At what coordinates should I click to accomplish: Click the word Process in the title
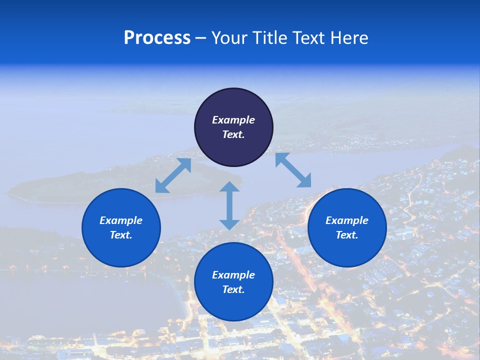pyautogui.click(x=157, y=38)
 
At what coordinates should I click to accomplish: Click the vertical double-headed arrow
pyautogui.click(x=229, y=206)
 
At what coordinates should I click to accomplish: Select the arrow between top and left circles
pyautogui.click(x=173, y=175)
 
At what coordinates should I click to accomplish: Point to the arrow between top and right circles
pyautogui.click(x=293, y=170)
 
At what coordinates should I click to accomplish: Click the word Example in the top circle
pyautogui.click(x=233, y=120)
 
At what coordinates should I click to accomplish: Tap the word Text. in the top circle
pyautogui.click(x=233, y=134)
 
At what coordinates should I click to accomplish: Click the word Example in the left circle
pyautogui.click(x=121, y=220)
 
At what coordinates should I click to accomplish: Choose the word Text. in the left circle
pyautogui.click(x=121, y=235)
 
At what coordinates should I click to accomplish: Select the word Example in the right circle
pyautogui.click(x=347, y=220)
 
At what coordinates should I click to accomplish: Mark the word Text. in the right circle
pyautogui.click(x=347, y=235)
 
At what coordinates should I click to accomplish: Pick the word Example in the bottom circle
pyautogui.click(x=233, y=275)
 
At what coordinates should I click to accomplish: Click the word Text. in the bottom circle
pyautogui.click(x=233, y=289)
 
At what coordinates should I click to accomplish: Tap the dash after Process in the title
pyautogui.click(x=201, y=38)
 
